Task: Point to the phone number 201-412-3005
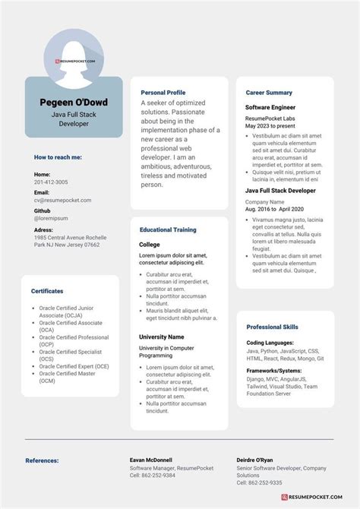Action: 51,182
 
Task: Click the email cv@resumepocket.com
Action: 62,201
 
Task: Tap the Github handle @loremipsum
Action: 51,218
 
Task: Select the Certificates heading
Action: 47,291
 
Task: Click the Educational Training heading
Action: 168,229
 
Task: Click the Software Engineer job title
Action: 270,108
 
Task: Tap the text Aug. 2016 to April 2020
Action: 274,208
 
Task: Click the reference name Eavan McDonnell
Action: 151,460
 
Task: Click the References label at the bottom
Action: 48,460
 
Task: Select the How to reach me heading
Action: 58,157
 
